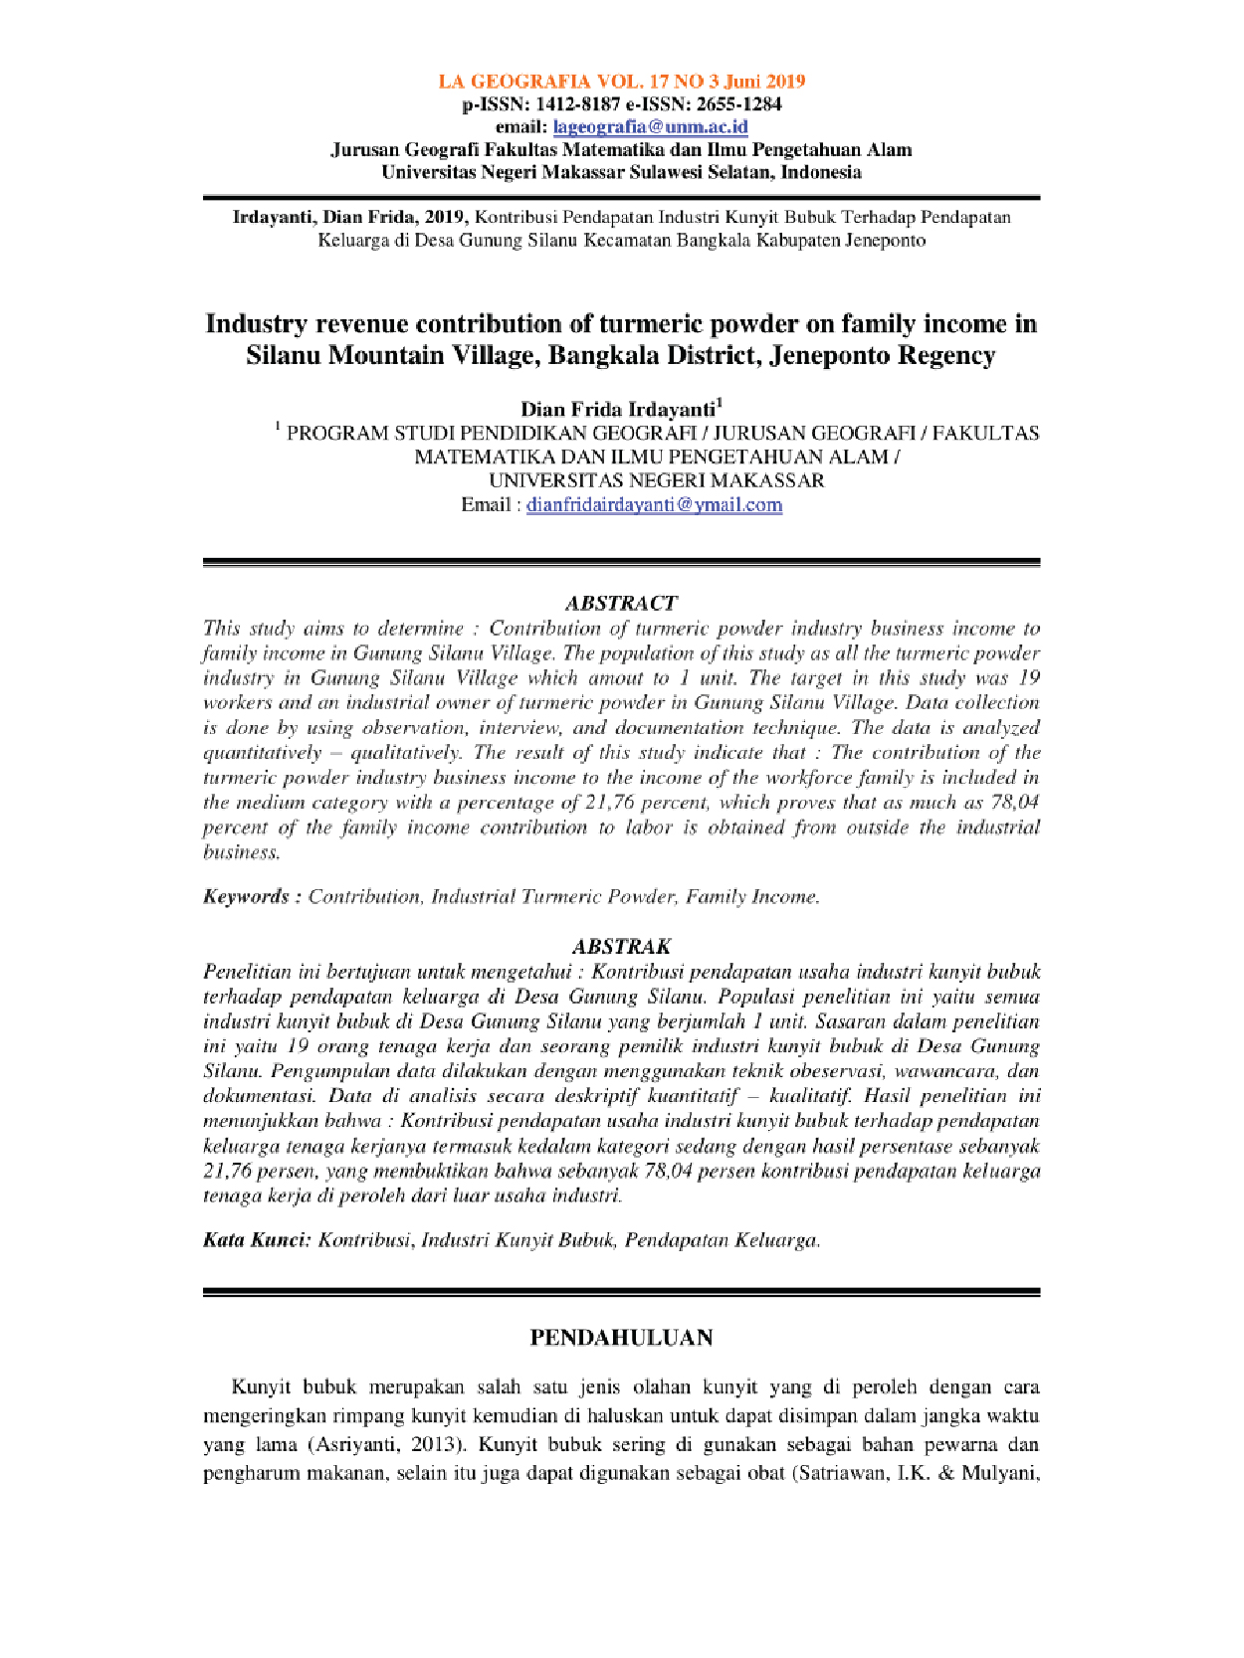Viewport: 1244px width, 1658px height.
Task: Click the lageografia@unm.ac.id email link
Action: pos(650,127)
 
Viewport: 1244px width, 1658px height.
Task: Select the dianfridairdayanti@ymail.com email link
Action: pos(654,505)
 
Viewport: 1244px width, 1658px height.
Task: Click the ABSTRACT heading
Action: pos(621,603)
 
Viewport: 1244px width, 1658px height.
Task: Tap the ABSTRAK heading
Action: pos(621,946)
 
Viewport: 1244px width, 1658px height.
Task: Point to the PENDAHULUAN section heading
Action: pos(621,1338)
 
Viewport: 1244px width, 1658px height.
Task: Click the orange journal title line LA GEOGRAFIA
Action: pos(622,82)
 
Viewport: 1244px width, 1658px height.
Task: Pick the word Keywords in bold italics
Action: pos(246,897)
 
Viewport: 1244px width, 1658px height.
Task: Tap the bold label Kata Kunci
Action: pos(257,1240)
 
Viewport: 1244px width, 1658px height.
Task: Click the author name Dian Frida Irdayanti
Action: pos(618,410)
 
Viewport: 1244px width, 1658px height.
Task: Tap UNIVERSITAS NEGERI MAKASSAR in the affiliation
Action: pos(657,481)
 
